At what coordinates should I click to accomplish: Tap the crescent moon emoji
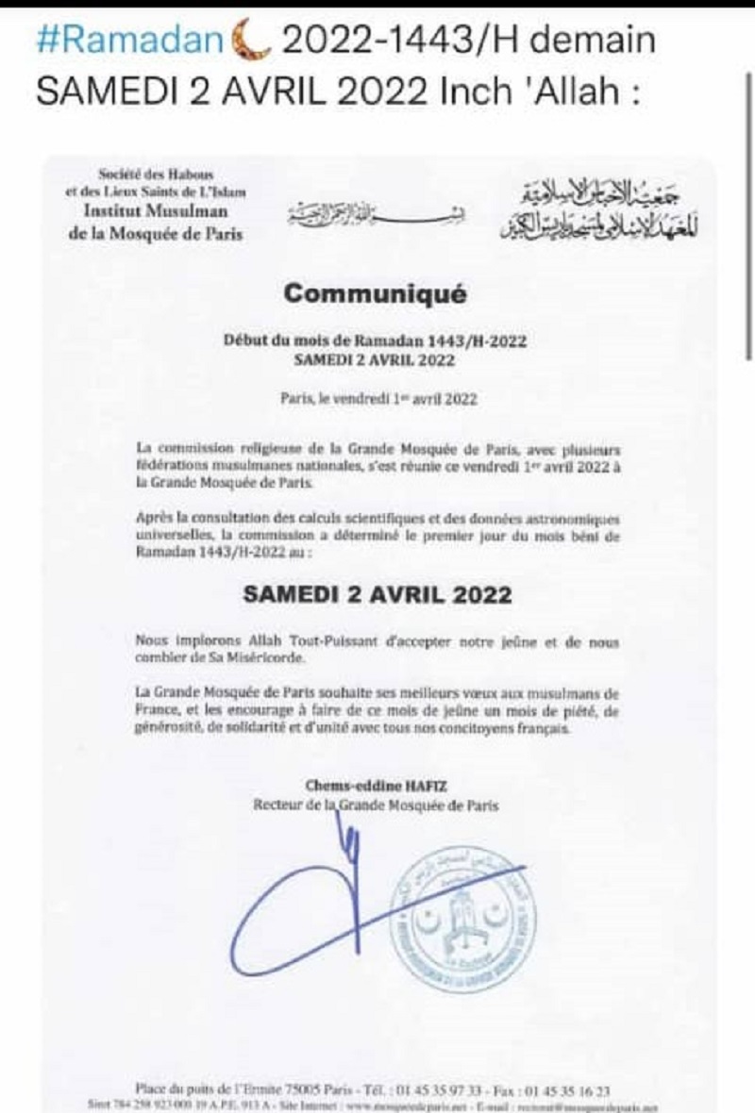tap(250, 41)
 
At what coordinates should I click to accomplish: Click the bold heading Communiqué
tap(376, 293)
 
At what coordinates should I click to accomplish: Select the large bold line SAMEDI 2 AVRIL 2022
tap(377, 594)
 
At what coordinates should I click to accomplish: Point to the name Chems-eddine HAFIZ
tap(376, 785)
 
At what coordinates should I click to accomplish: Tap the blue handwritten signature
tap(321, 896)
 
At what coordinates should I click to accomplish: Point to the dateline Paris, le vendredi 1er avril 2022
tap(378, 398)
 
